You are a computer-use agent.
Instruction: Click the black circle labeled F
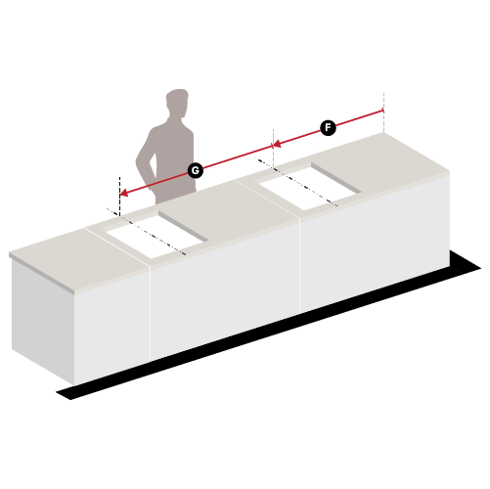[x=328, y=128]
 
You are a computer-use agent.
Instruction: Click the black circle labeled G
[x=196, y=170]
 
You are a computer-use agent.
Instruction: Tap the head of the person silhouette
[x=177, y=103]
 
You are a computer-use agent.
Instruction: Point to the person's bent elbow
[x=141, y=161]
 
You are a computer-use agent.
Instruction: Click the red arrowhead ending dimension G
[x=124, y=193]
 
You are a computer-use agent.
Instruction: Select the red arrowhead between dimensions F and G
[x=277, y=144]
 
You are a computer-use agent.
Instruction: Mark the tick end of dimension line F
[x=383, y=111]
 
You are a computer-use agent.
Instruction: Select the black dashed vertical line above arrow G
[x=119, y=197]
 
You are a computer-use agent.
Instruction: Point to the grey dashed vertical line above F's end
[x=383, y=112]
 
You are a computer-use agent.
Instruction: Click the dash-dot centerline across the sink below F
[x=297, y=183]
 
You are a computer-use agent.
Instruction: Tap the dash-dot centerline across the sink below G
[x=146, y=232]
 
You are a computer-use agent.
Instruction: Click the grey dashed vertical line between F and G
[x=274, y=149]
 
